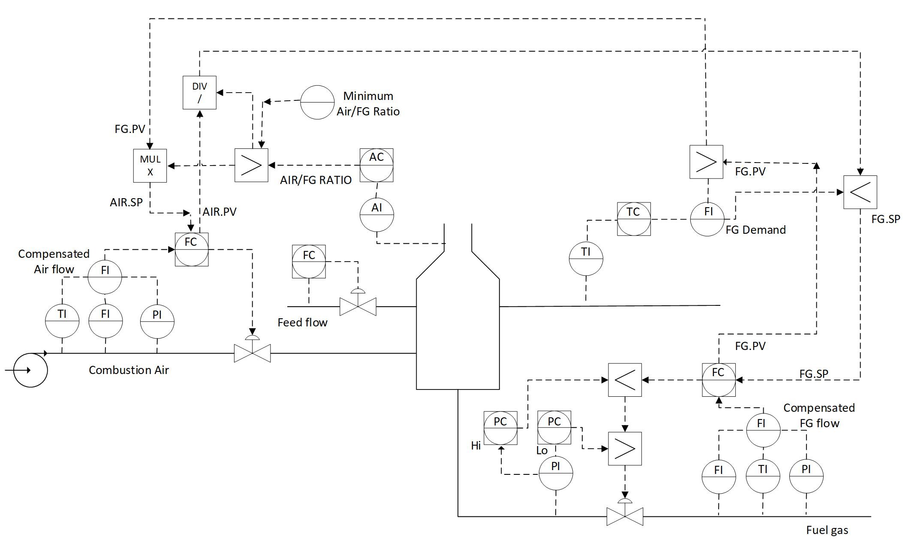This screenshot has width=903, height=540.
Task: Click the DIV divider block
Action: pyautogui.click(x=199, y=93)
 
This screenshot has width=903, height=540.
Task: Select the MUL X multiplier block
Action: pyautogui.click(x=150, y=166)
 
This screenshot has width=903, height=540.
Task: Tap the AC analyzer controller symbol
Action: pyautogui.click(x=376, y=165)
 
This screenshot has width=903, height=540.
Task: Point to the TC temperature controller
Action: pyautogui.click(x=634, y=219)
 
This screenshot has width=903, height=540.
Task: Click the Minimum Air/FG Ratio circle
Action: pyautogui.click(x=317, y=102)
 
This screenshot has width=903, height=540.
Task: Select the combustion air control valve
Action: pyautogui.click(x=252, y=353)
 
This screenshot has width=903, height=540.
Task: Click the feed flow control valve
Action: pyautogui.click(x=358, y=306)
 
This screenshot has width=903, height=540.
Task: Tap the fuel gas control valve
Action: pyautogui.click(x=625, y=516)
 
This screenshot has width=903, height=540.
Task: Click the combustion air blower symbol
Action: pyautogui.click(x=30, y=370)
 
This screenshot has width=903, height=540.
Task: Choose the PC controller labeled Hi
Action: pyautogui.click(x=500, y=428)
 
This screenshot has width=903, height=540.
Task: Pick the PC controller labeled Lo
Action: pyautogui.click(x=554, y=428)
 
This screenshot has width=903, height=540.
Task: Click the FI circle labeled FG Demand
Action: pyautogui.click(x=707, y=219)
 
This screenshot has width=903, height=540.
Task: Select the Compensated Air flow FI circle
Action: pyautogui.click(x=105, y=277)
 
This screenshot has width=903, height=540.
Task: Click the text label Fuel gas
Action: pyautogui.click(x=827, y=530)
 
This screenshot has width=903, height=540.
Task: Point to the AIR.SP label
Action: pyautogui.click(x=126, y=202)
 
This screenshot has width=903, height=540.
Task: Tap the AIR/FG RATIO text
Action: pyautogui.click(x=316, y=180)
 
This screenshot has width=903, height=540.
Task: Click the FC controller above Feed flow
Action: pyautogui.click(x=309, y=262)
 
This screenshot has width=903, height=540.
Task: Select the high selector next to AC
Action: pyautogui.click(x=251, y=165)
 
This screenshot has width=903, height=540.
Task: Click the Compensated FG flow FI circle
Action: pyautogui.click(x=763, y=430)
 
